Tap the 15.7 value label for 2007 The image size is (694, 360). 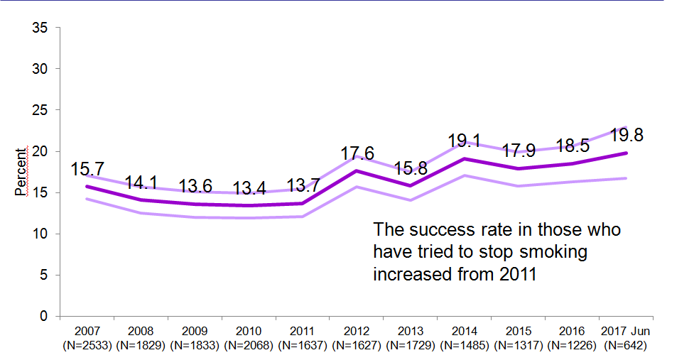[87, 170]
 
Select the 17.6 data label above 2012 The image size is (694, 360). [356, 153]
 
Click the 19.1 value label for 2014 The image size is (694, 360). [463, 140]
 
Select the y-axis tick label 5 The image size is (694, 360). [43, 275]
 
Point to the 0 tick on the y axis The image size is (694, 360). [43, 316]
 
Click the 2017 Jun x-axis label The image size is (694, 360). [624, 332]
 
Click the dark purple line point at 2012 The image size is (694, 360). [356, 171]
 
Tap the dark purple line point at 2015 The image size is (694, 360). [517, 168]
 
